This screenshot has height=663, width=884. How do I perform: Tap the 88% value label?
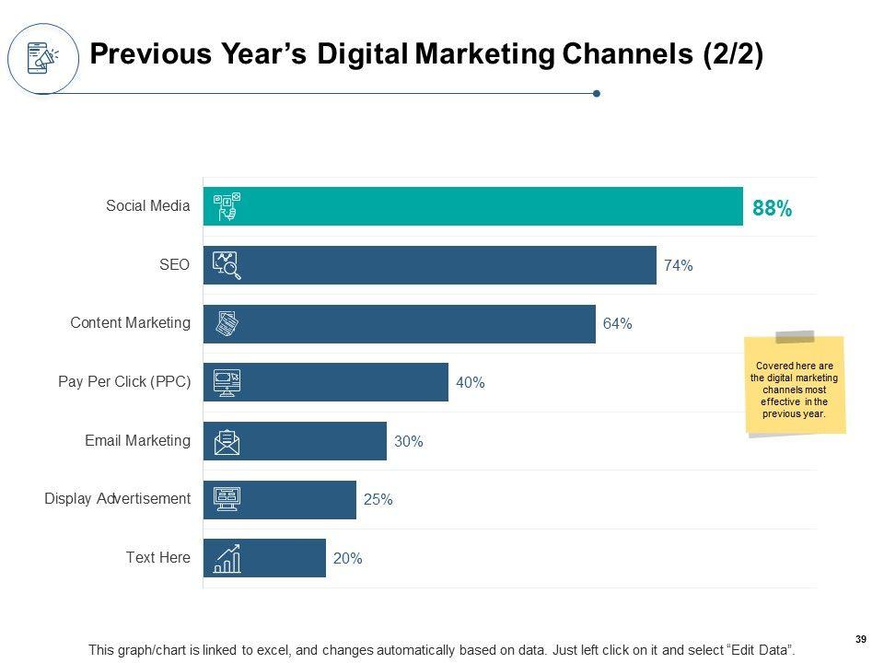coord(772,209)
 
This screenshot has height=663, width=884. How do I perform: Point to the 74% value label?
coord(678,265)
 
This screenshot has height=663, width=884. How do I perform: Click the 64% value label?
coord(617,324)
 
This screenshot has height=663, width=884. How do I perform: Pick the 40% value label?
coord(470,383)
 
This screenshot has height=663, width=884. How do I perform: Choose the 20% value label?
coord(347,558)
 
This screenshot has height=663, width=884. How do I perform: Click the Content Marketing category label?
coord(130,323)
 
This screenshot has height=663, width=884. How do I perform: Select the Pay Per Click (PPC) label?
coord(123,382)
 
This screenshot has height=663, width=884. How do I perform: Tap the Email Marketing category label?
coord(137,441)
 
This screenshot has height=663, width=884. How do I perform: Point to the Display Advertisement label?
coord(117,499)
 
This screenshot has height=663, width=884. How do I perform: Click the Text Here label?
coord(158,557)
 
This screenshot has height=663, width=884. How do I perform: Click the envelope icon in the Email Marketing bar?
coord(227,442)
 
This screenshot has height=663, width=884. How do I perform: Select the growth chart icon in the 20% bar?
coord(227,558)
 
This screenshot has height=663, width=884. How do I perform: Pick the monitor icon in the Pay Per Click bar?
coord(227,382)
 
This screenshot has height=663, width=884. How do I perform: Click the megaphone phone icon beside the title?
coord(42,57)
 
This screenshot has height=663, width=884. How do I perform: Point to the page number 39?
coord(861,640)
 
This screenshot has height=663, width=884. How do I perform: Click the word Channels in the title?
coord(634,54)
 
